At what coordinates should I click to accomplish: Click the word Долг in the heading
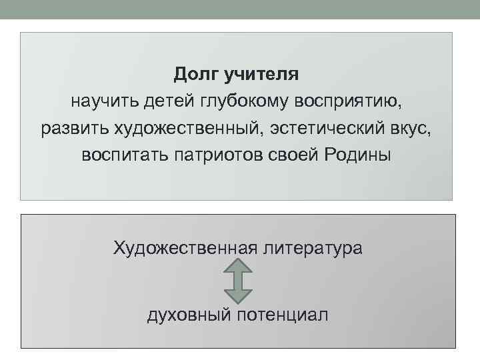[x=197, y=74]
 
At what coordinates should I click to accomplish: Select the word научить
[x=104, y=101]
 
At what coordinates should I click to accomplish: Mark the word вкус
[x=411, y=128]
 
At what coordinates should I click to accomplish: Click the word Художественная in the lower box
[x=185, y=249]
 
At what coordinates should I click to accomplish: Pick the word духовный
[x=189, y=314]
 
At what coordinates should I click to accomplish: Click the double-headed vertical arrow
[x=237, y=281]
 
